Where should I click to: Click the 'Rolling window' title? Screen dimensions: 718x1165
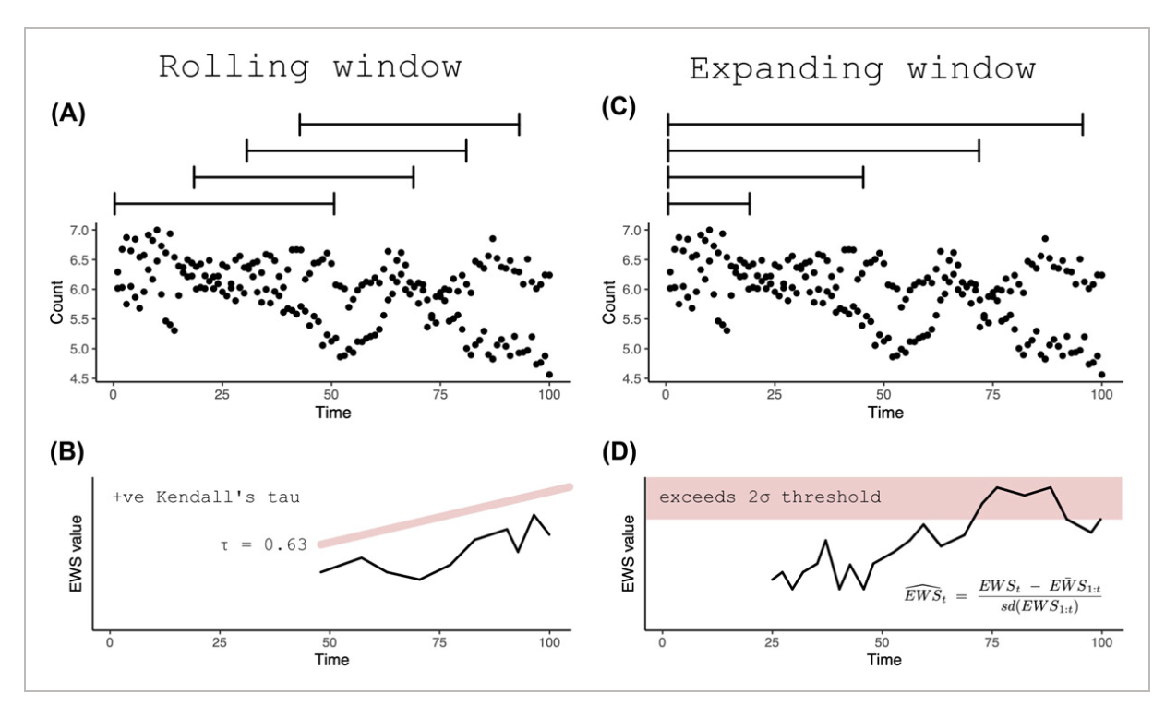[310, 69]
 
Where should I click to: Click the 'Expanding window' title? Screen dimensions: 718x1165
[862, 69]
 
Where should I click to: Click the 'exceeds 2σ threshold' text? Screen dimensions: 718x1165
[770, 497]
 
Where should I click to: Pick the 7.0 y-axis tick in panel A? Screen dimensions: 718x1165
[82, 230]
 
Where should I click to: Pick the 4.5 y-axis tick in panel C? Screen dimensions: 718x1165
[635, 378]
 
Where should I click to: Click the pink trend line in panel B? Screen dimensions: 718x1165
[443, 515]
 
